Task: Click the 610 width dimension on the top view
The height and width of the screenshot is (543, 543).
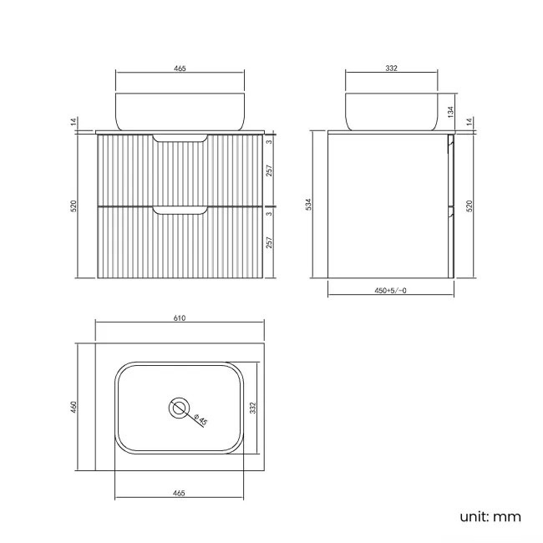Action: [x=178, y=318]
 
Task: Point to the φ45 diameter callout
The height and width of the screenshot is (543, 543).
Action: [x=200, y=420]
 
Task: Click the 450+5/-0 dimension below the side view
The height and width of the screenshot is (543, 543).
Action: [x=391, y=290]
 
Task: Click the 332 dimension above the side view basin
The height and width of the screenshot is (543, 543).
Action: [x=390, y=69]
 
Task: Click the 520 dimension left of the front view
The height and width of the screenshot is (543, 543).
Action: [x=74, y=205]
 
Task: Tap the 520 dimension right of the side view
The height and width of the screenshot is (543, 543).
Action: [x=469, y=205]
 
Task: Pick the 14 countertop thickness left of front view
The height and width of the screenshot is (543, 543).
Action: [x=74, y=122]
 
